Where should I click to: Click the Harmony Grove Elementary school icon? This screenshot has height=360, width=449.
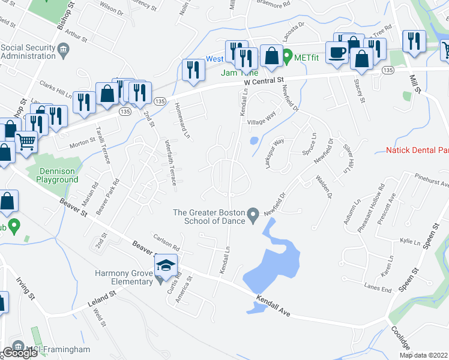[166, 265]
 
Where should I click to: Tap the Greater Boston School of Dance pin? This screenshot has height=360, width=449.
[253, 214]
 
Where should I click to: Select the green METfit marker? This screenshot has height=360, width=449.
[287, 58]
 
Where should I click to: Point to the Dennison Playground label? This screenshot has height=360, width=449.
[53, 175]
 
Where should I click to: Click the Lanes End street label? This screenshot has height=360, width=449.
[378, 287]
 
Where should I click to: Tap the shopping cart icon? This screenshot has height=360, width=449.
[26, 142]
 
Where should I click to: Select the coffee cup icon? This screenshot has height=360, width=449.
[336, 51]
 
